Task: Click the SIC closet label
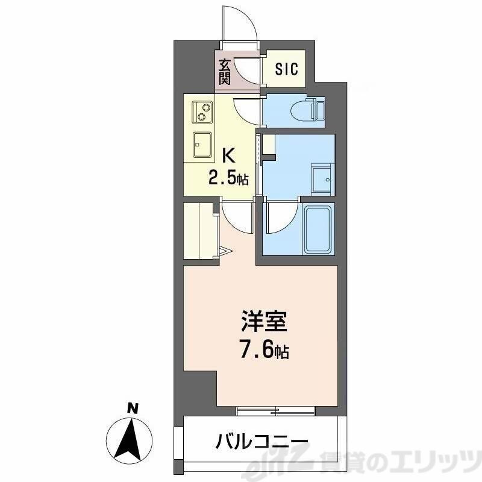tap(287, 69)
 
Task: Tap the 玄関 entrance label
tap(224, 70)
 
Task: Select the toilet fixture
tap(308, 110)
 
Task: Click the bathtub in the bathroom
tap(319, 230)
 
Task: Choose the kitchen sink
tap(202, 144)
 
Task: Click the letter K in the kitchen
tap(228, 156)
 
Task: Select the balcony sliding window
tap(276, 411)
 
